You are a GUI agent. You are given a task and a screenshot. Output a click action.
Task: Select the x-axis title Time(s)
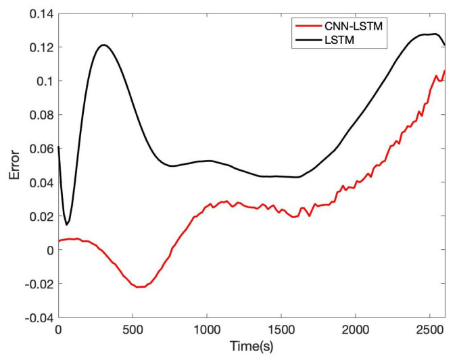pos(252,349)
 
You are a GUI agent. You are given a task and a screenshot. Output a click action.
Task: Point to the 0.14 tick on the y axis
pos(39,14)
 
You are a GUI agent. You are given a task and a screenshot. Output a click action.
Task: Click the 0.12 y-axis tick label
pos(39,47)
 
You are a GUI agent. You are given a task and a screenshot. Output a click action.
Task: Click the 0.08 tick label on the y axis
pos(39,115)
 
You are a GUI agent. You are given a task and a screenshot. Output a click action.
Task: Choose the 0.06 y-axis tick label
pos(39,149)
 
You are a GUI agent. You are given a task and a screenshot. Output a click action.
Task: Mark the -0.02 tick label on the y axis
pos(37,284)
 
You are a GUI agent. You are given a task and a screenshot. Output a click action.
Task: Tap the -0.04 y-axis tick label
pos(37,317)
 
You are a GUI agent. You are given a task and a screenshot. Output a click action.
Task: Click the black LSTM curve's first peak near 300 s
pos(103,45)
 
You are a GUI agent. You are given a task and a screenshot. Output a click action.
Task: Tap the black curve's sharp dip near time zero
pos(66,224)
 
